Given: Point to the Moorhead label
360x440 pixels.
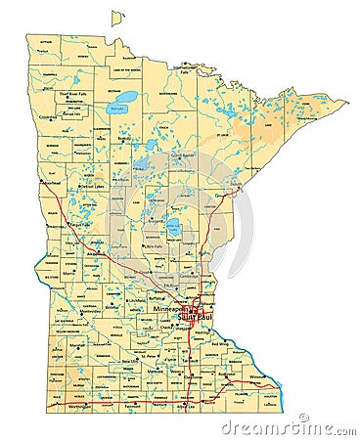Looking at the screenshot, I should (52, 182).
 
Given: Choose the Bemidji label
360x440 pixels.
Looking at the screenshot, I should (124, 139).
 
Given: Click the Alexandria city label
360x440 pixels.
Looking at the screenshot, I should (94, 252).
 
